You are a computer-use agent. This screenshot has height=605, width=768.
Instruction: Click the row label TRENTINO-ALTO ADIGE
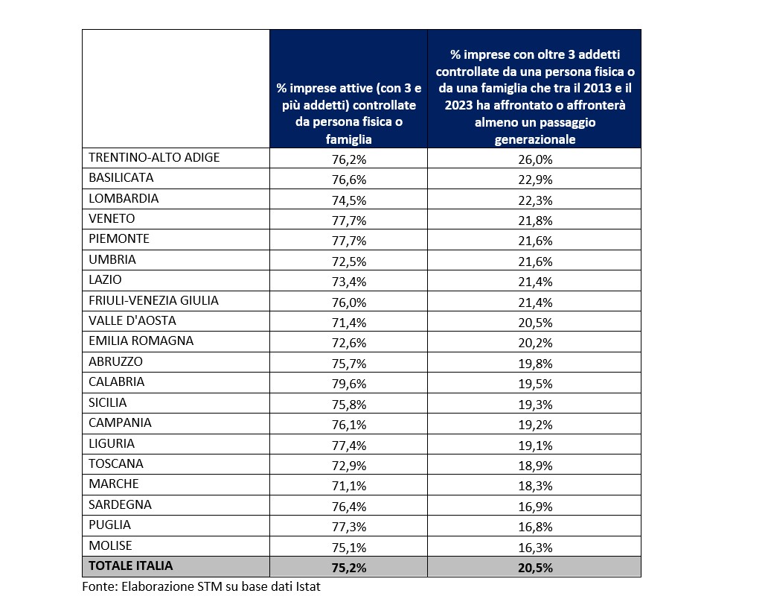tap(154, 158)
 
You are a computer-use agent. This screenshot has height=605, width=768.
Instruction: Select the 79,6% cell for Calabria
tap(348, 382)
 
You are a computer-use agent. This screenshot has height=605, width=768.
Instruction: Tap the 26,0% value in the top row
tap(534, 158)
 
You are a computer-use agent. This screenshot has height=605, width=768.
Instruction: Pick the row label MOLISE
tap(110, 545)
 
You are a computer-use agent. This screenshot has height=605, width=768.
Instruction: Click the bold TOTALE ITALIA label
tap(130, 566)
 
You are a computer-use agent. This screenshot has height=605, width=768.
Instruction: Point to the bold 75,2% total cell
tap(348, 567)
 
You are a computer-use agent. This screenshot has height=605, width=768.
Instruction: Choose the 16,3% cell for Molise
tap(534, 546)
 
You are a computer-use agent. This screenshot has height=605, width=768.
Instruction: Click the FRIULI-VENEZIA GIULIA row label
tap(153, 301)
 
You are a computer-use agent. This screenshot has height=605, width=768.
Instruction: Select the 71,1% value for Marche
tap(348, 484)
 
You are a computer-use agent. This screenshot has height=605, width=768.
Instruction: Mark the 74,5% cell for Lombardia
tap(348, 199)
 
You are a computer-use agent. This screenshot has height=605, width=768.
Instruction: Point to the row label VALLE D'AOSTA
tap(132, 321)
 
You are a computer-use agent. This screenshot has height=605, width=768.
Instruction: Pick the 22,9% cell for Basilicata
tap(534, 179)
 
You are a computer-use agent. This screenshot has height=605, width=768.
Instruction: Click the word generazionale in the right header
tap(534, 139)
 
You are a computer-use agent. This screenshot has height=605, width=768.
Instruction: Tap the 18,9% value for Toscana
tap(534, 464)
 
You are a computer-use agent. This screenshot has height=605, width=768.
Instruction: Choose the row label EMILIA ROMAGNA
tap(141, 341)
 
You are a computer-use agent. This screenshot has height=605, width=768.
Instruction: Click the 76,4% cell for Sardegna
tap(348, 505)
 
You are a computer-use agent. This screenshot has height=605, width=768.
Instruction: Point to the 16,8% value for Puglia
tap(534, 525)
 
